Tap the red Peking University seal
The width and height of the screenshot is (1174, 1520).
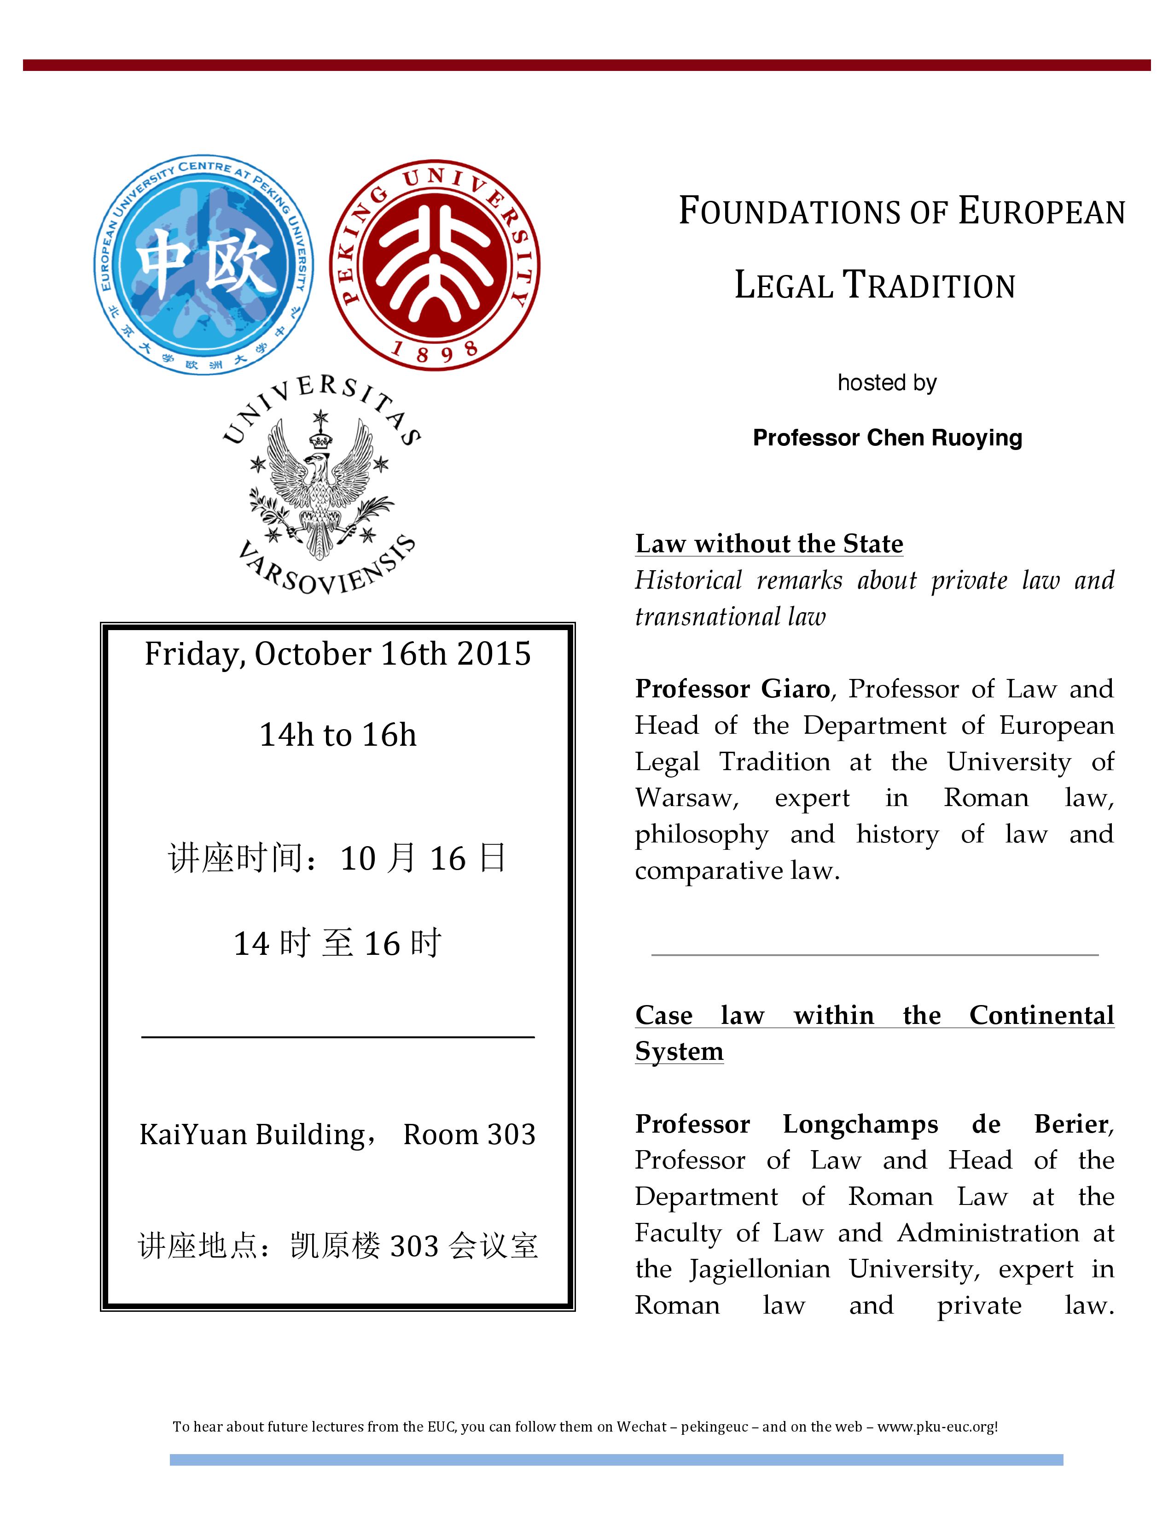point(435,265)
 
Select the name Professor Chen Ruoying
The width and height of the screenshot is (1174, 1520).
point(888,438)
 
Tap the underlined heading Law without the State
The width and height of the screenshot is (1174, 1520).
point(768,544)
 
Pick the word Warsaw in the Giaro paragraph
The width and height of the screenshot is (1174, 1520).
point(686,798)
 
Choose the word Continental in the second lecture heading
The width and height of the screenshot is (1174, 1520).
point(1041,1016)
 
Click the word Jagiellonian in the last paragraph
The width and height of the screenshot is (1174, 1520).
point(760,1269)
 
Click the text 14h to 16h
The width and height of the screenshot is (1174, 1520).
point(338,735)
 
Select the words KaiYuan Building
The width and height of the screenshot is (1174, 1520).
point(252,1135)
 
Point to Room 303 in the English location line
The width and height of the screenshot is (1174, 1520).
point(470,1135)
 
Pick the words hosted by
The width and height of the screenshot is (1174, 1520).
point(887,383)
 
